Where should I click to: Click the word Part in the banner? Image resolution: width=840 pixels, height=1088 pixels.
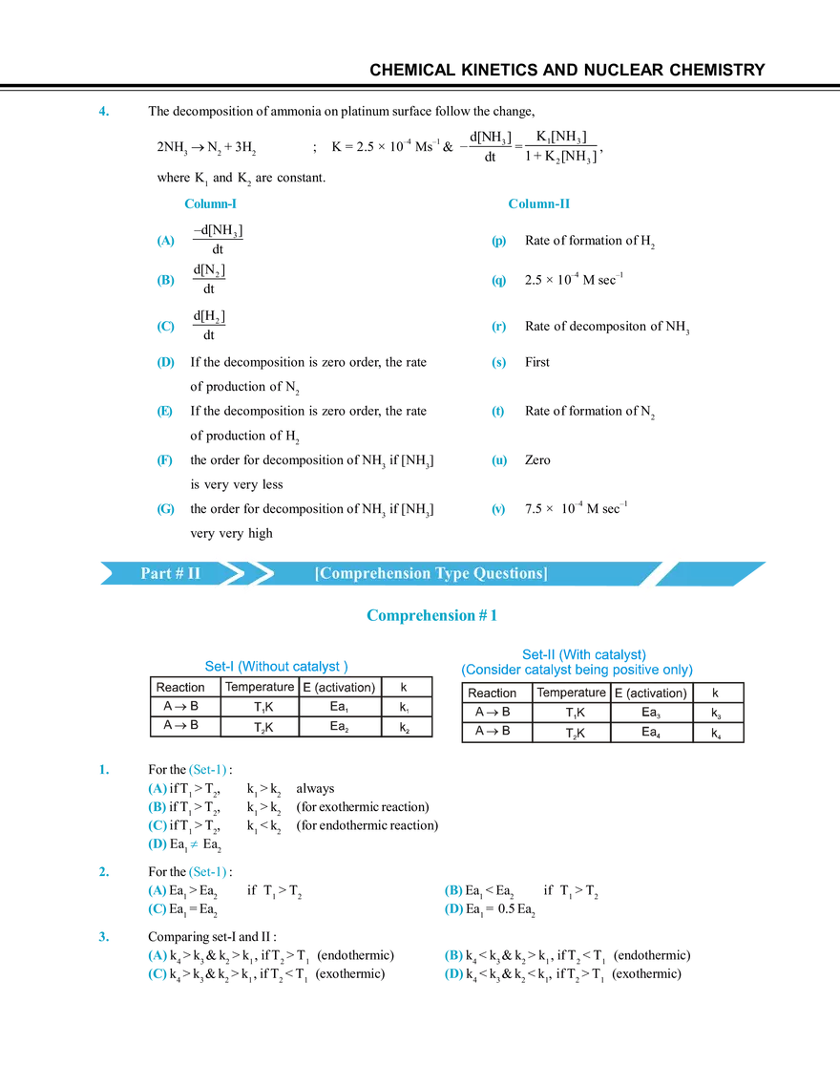(x=156, y=574)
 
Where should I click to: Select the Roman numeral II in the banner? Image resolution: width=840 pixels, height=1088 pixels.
(x=194, y=574)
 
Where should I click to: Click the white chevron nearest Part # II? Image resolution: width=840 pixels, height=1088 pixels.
(x=224, y=574)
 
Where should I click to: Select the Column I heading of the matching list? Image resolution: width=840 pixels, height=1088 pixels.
(x=211, y=203)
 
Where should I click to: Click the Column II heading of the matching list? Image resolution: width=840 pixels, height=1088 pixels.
(x=538, y=203)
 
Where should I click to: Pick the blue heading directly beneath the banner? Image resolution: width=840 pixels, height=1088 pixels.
(x=432, y=615)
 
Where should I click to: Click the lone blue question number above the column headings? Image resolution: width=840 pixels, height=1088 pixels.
(x=103, y=112)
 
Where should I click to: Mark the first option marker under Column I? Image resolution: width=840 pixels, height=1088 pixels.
(x=166, y=242)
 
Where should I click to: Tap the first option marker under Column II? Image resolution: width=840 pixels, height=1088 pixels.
(x=499, y=242)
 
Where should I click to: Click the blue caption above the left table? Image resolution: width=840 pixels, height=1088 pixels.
(x=277, y=664)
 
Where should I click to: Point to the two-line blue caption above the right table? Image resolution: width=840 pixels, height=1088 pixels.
(x=577, y=660)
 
